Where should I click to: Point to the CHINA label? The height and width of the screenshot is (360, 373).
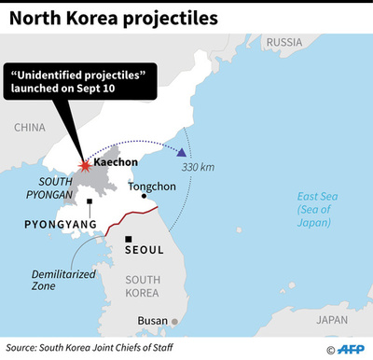(31, 127)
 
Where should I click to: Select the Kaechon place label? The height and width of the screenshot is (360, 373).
(117, 161)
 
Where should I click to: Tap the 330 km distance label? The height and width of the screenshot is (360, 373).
(198, 167)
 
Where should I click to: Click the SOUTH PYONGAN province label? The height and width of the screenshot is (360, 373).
(42, 187)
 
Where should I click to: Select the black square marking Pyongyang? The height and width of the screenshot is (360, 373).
(89, 201)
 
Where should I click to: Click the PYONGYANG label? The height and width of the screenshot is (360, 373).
(56, 225)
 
